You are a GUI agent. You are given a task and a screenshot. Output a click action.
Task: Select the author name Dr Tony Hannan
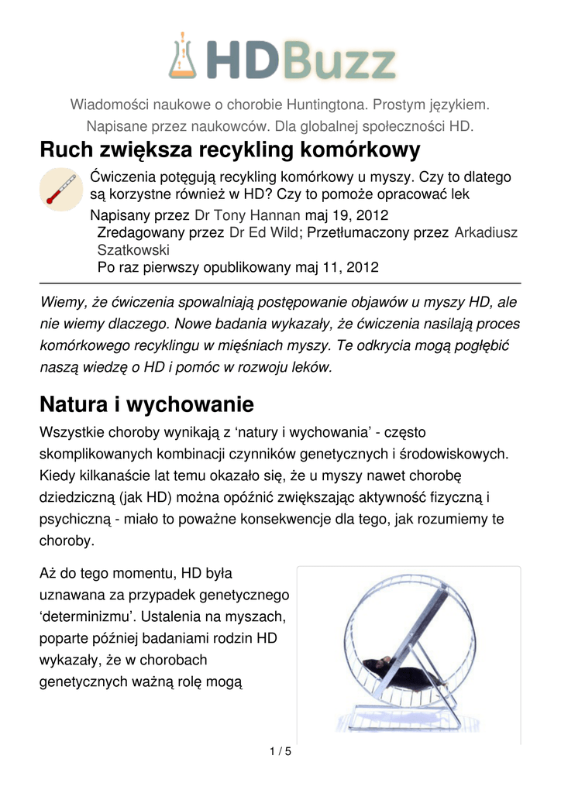249,215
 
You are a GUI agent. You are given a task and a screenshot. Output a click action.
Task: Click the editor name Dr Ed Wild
263,232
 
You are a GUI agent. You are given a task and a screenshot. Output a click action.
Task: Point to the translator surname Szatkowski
133,250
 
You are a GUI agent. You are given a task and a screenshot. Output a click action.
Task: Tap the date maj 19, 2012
347,215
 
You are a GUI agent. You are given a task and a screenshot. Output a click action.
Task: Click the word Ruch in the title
65,149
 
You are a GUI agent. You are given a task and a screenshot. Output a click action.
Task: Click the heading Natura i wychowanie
146,403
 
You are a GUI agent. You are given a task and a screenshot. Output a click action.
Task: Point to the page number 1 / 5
280,751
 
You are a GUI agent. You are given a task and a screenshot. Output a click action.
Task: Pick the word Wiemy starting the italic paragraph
60,301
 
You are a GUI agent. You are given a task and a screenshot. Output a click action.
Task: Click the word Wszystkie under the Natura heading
74,431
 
